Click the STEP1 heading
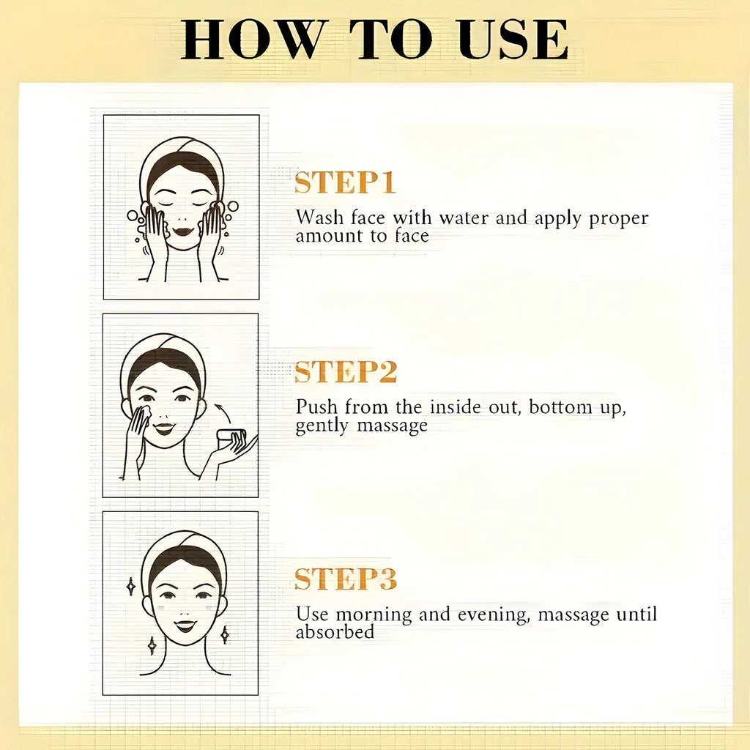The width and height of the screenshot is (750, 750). pos(345,182)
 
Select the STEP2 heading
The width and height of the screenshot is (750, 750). pos(346,371)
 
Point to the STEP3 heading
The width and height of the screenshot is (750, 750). pos(346,579)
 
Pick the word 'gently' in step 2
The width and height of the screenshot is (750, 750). pos(322,426)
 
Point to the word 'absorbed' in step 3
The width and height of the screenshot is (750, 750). pos(335,632)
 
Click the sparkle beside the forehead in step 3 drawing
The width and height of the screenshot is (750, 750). pos(130,587)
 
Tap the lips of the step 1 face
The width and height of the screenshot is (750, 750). pos(182,231)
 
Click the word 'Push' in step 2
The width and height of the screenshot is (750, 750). pos(316,407)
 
